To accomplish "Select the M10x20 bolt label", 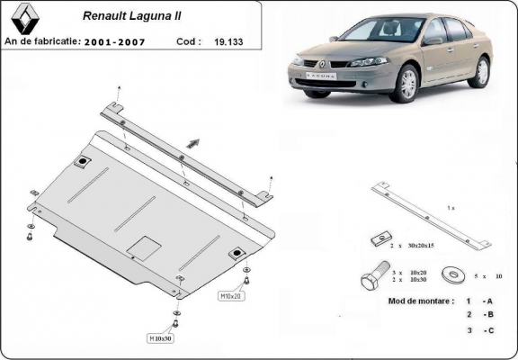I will (230, 295).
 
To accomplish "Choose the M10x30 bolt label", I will (162, 338).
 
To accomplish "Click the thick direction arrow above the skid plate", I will (192, 140).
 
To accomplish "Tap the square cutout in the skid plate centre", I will (144, 246).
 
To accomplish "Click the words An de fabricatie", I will (42, 41).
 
